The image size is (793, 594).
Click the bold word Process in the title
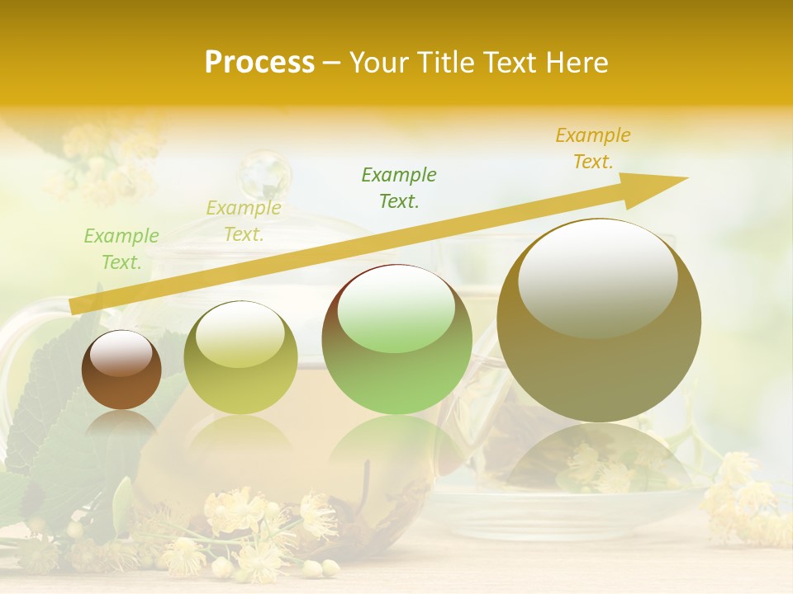[259, 63]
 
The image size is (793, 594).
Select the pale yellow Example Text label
[244, 221]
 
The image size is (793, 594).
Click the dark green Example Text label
[399, 188]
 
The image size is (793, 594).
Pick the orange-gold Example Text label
[593, 148]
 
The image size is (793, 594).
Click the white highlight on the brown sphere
[121, 353]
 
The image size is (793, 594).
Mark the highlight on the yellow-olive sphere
[240, 334]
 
